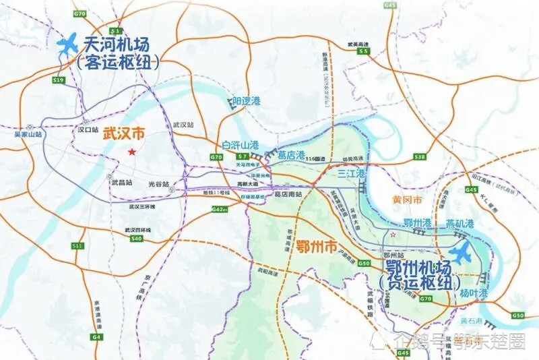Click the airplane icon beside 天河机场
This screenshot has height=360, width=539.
67,46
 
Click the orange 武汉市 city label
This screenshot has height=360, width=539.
123,133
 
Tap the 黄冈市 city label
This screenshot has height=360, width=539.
407,200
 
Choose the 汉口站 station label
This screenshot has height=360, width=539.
88,128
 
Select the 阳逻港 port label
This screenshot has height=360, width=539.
245,101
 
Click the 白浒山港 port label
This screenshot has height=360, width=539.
240,144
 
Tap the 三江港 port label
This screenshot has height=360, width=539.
352,174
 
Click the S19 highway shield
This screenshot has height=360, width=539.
59,80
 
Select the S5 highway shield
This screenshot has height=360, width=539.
364,51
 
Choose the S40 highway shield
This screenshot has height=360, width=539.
137,238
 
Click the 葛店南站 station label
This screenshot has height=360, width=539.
288,195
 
